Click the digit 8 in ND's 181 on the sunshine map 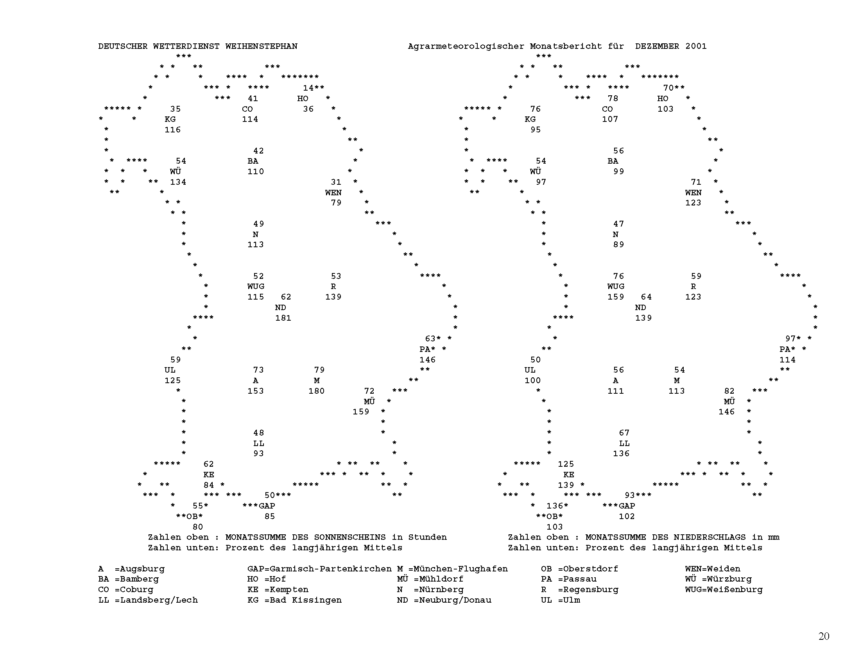(283, 318)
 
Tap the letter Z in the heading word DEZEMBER (649, 46)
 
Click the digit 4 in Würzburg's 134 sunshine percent (183, 182)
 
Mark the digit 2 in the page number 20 (821, 636)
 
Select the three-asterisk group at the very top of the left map (183, 56)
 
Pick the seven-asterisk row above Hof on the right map (660, 77)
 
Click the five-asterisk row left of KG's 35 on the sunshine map (117, 109)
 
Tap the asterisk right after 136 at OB (566, 505)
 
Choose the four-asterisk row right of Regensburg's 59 (790, 276)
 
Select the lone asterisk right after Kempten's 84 (222, 485)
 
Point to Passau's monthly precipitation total (790, 339)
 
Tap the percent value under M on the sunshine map (317, 391)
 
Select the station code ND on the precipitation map (640, 308)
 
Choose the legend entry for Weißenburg (724, 590)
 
